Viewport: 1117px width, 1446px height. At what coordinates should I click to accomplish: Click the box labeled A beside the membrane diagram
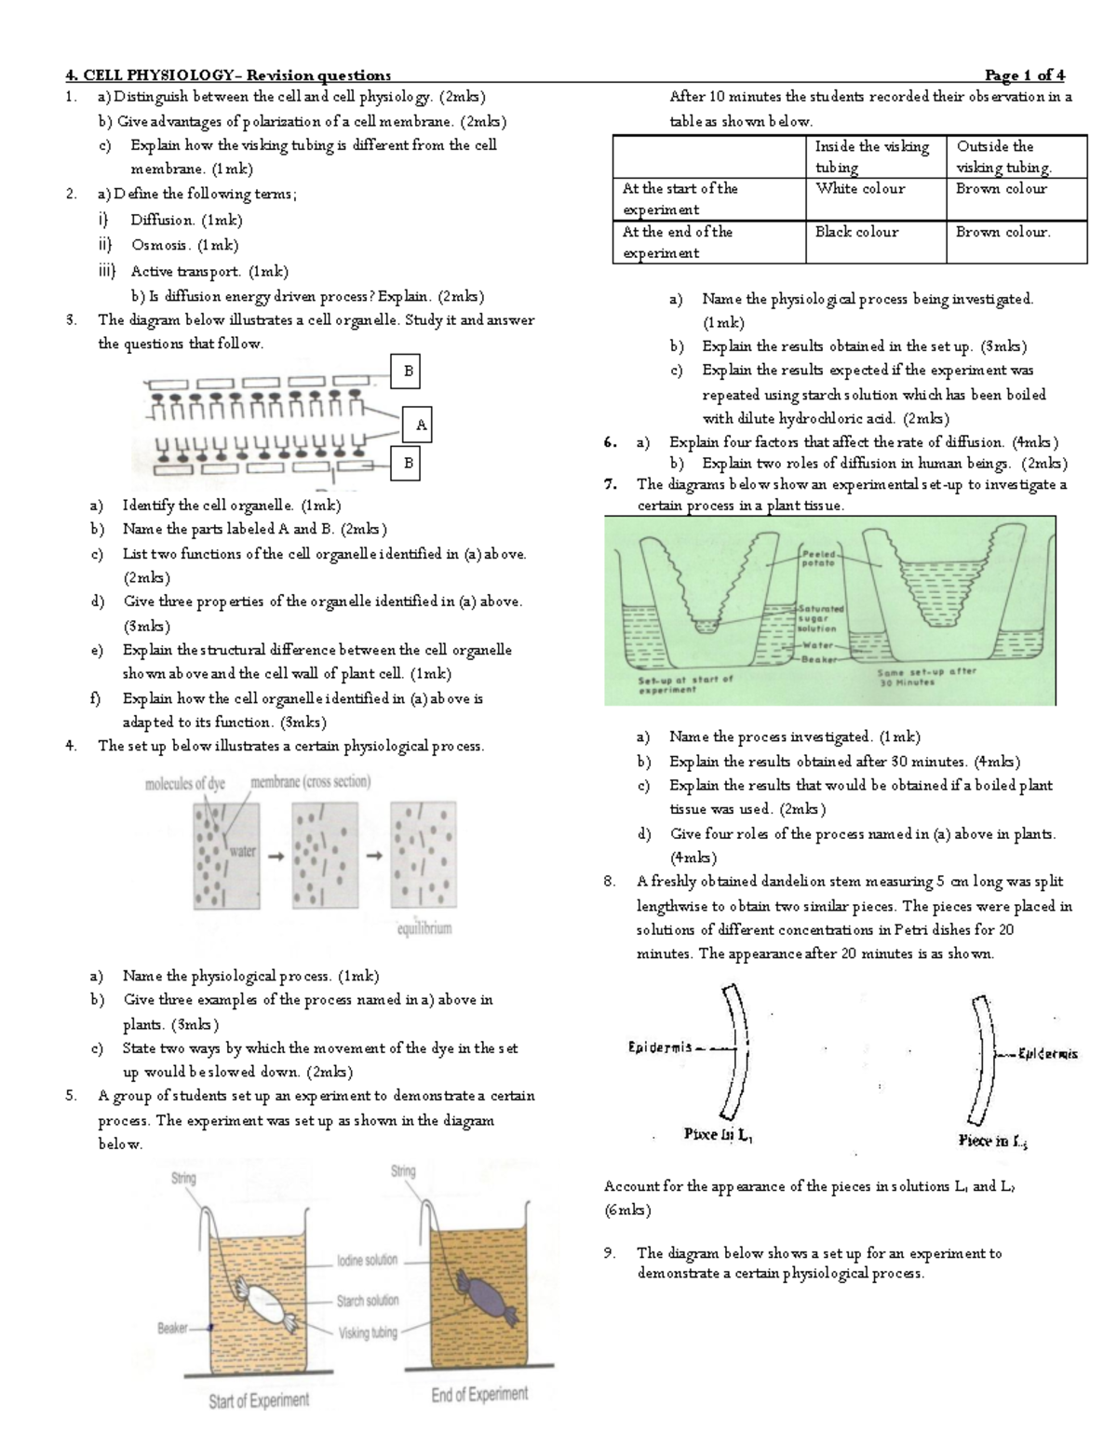pos(421,426)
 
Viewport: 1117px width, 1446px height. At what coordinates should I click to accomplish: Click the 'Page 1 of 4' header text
pos(1024,75)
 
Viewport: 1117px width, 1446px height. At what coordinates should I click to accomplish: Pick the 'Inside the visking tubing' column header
pos(872,156)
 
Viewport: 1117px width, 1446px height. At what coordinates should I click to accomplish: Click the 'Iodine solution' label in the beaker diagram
pos(367,1260)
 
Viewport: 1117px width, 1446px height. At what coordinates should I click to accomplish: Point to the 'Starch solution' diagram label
pos(368,1300)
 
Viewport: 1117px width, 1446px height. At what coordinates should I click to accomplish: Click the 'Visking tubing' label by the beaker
pos(368,1332)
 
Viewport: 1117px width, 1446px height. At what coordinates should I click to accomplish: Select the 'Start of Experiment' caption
pos(259,1400)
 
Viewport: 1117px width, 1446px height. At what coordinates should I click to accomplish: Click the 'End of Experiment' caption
pos(479,1394)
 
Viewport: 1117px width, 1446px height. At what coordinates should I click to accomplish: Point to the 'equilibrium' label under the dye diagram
pos(424,928)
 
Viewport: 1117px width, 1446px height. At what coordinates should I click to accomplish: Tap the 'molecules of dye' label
pos(185,784)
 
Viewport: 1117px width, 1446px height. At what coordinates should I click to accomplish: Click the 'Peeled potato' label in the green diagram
pos(818,559)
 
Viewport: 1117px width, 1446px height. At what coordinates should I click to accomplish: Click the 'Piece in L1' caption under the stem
pos(718,1135)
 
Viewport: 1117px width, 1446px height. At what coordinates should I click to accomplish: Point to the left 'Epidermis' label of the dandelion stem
pos(660,1047)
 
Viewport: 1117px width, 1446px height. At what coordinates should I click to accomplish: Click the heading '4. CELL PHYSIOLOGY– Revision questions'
pos(228,75)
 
